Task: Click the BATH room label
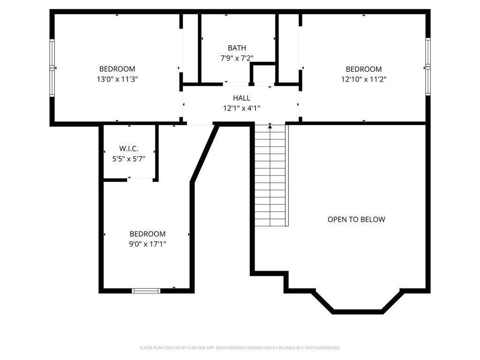coord(237,48)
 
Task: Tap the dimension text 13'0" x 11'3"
coord(117,79)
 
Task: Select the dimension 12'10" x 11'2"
coord(364,79)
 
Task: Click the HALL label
coord(241,98)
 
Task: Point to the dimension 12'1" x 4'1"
coord(241,108)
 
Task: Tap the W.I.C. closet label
coord(129,149)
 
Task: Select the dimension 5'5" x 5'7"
coord(129,159)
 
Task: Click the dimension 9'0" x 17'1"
coord(148,244)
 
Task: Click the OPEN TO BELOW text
coord(356,219)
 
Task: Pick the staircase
coord(270,178)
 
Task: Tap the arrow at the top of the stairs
coord(270,126)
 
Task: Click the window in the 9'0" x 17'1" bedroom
coord(146,291)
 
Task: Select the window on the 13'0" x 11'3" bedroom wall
coord(52,68)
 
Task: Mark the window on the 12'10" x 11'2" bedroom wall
coord(427,67)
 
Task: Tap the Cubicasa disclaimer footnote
coord(240,348)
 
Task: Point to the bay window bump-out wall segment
coord(359,311)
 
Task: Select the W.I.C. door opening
coord(140,179)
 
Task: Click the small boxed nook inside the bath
coord(263,74)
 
